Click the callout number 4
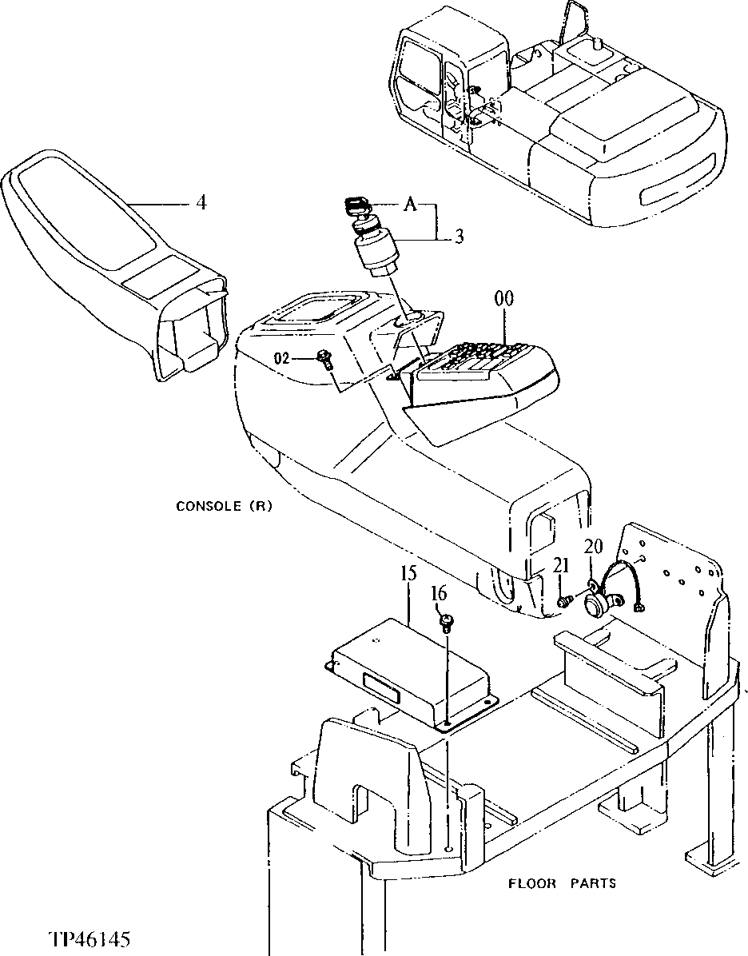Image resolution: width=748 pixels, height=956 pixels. (201, 203)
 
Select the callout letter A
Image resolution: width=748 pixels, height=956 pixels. (410, 205)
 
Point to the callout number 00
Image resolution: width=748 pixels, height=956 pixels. (503, 299)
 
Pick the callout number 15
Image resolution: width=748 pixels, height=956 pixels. (408, 574)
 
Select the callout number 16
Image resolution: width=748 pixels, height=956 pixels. (439, 593)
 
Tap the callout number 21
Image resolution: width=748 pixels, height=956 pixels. (563, 566)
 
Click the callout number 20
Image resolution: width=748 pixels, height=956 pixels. (591, 546)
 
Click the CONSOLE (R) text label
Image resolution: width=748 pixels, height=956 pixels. (224, 506)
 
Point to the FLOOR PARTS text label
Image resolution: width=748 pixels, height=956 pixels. (562, 883)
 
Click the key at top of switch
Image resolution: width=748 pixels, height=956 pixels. (356, 207)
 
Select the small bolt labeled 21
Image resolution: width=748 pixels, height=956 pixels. (565, 599)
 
